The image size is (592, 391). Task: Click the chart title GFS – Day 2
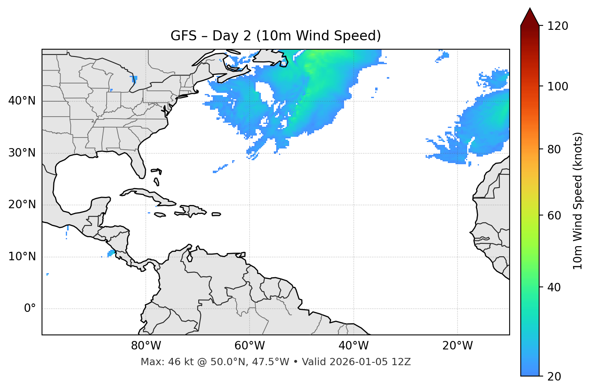275,36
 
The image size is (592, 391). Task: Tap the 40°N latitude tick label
22,101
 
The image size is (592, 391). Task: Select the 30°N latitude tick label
22,153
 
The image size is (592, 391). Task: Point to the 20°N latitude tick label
22,205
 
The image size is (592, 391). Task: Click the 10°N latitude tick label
22,257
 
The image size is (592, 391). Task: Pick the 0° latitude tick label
29,309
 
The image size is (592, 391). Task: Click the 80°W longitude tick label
146,346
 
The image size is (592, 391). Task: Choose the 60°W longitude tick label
250,346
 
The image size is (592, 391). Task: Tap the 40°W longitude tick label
353,346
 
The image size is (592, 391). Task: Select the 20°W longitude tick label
457,346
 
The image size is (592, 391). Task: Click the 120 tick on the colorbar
558,26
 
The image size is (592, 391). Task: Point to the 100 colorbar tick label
558,86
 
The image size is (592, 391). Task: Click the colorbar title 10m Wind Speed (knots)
577,201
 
